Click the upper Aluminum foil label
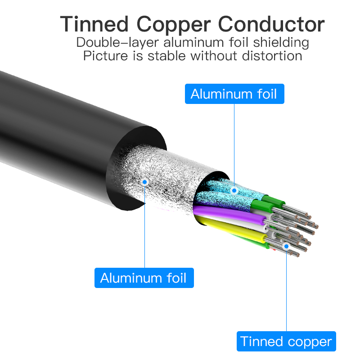tap(234, 94)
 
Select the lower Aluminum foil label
tap(144, 278)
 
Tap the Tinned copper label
tap(286, 342)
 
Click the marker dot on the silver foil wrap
tap(144, 182)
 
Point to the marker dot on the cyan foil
tap(234, 190)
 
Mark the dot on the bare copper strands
tap(286, 246)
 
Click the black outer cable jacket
tap(54, 126)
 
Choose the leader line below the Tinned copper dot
tap(286, 292)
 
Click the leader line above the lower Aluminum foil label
tap(144, 225)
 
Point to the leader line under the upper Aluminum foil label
tap(234, 144)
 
